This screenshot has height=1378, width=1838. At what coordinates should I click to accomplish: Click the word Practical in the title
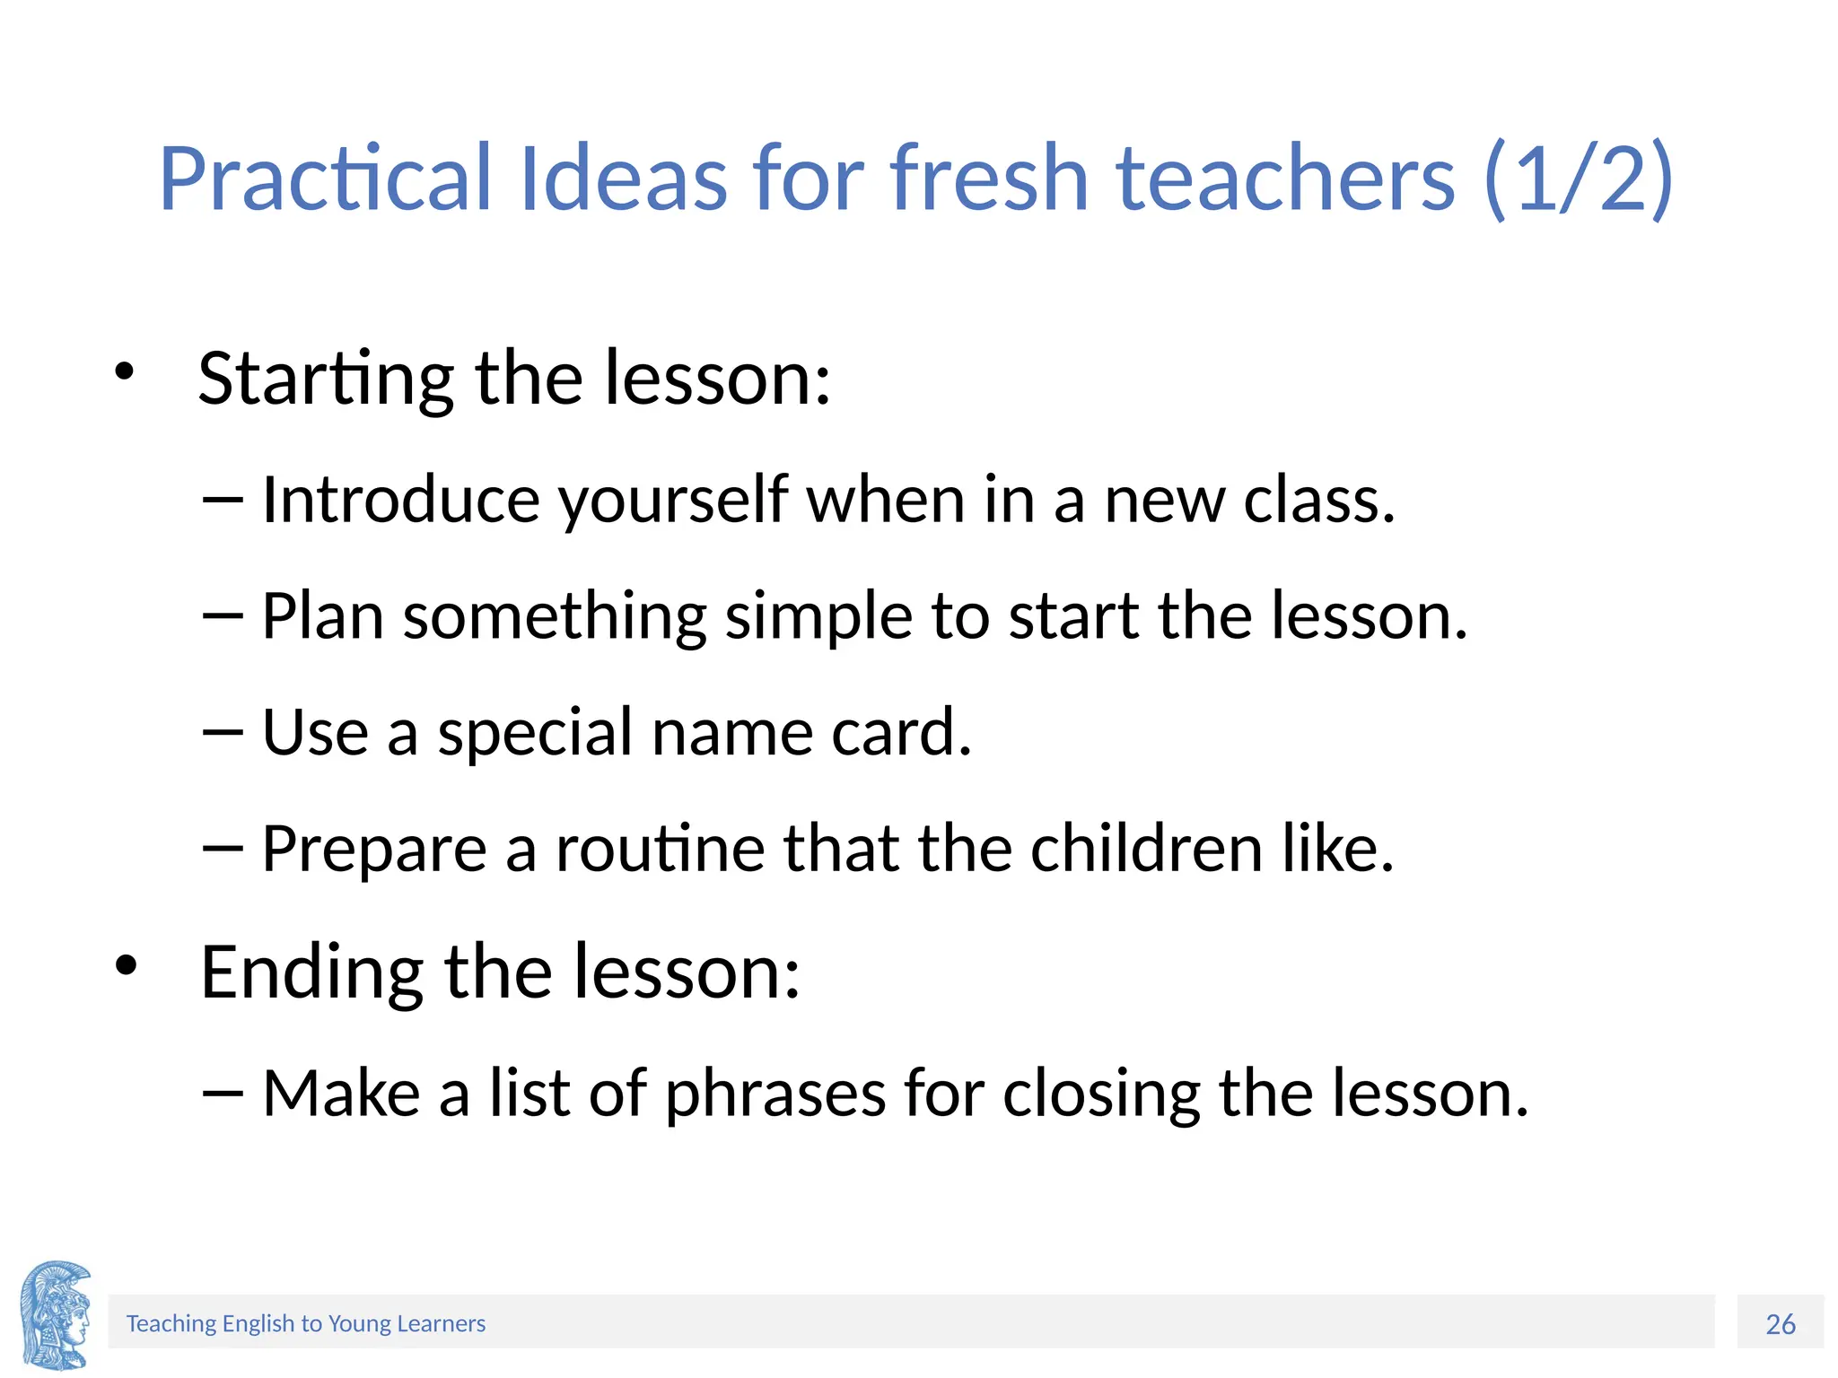click(325, 179)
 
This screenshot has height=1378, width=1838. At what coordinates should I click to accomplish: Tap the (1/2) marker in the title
click(1578, 179)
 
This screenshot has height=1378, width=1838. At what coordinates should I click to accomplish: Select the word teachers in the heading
click(1285, 179)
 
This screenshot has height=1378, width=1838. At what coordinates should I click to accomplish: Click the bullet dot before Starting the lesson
click(124, 371)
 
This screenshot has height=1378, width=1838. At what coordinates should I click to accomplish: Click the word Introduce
click(400, 500)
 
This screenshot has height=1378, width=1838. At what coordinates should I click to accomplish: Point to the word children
click(1146, 849)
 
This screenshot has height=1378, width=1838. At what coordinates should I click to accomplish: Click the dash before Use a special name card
click(223, 733)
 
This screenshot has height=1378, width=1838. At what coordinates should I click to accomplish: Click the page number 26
click(1780, 1324)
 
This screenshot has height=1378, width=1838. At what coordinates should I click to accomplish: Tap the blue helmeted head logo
click(56, 1315)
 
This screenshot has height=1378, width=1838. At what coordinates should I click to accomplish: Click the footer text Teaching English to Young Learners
click(305, 1324)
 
